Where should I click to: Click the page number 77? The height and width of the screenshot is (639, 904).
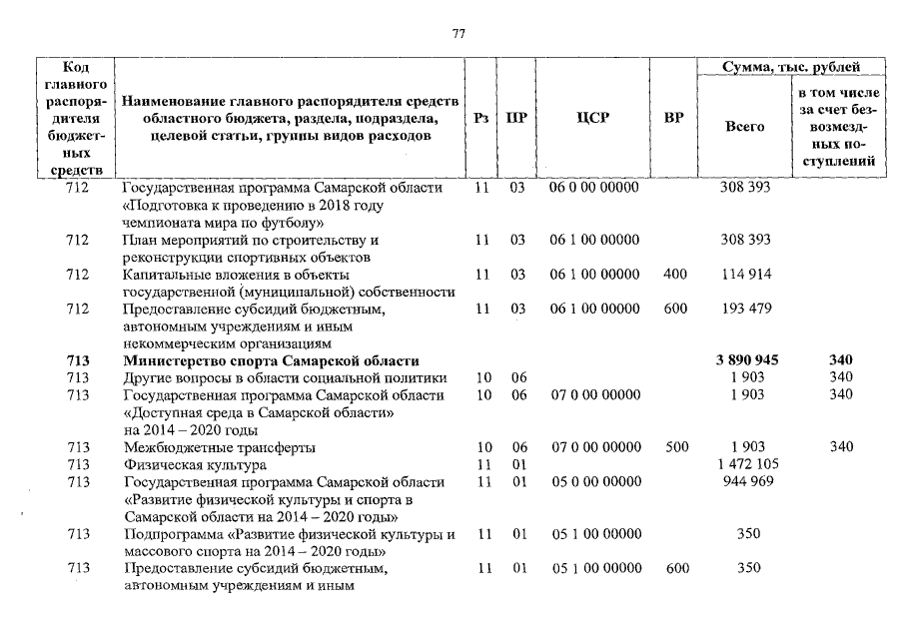(x=458, y=33)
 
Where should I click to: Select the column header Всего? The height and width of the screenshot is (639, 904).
(x=744, y=127)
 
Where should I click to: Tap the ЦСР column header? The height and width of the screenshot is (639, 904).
(x=593, y=118)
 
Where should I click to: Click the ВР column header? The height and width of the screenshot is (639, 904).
(x=674, y=118)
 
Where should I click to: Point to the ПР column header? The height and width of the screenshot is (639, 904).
(x=516, y=118)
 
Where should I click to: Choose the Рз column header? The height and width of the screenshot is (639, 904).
(x=481, y=118)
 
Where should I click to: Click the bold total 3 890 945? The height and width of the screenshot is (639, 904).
(x=747, y=360)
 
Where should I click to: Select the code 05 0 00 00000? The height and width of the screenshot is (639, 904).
(x=595, y=482)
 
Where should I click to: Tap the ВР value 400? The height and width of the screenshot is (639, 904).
(x=675, y=275)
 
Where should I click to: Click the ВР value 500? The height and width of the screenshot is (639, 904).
(x=676, y=447)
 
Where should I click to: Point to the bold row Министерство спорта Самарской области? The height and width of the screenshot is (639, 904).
(x=271, y=360)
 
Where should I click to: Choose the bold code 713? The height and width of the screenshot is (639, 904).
(x=77, y=360)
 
